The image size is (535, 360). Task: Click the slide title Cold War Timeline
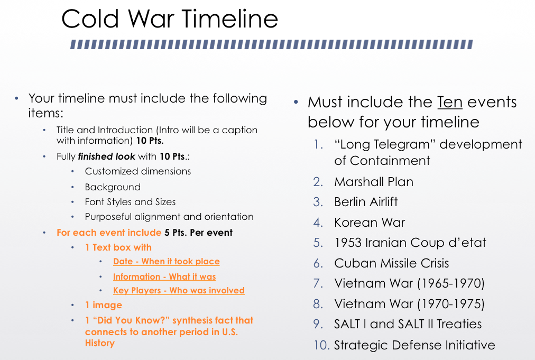[x=170, y=19]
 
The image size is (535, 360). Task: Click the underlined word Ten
[x=450, y=102]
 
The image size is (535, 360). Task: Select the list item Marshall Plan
[x=374, y=182]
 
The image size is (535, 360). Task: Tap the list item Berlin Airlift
[x=366, y=202]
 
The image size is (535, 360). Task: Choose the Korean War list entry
[x=370, y=223]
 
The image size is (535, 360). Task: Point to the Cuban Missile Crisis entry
[x=391, y=263]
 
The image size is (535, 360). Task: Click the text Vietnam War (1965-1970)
[x=409, y=283]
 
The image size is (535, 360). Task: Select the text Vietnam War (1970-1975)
[x=409, y=303]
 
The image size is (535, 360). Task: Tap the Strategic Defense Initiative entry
[x=414, y=345]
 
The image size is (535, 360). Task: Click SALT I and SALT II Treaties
[x=408, y=324]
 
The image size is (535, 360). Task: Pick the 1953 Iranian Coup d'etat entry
[x=410, y=243]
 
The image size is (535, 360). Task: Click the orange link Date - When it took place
[x=167, y=261]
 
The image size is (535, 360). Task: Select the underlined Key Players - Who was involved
[x=179, y=290]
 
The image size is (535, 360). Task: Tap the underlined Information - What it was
[x=164, y=276]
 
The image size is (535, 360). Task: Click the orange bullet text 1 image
[x=104, y=305]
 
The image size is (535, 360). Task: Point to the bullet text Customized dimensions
[x=138, y=171]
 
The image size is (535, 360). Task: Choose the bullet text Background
[x=113, y=187]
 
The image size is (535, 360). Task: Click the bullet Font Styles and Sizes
[x=131, y=202]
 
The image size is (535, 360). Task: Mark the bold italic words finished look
[x=106, y=156]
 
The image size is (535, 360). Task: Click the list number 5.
[x=318, y=243]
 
